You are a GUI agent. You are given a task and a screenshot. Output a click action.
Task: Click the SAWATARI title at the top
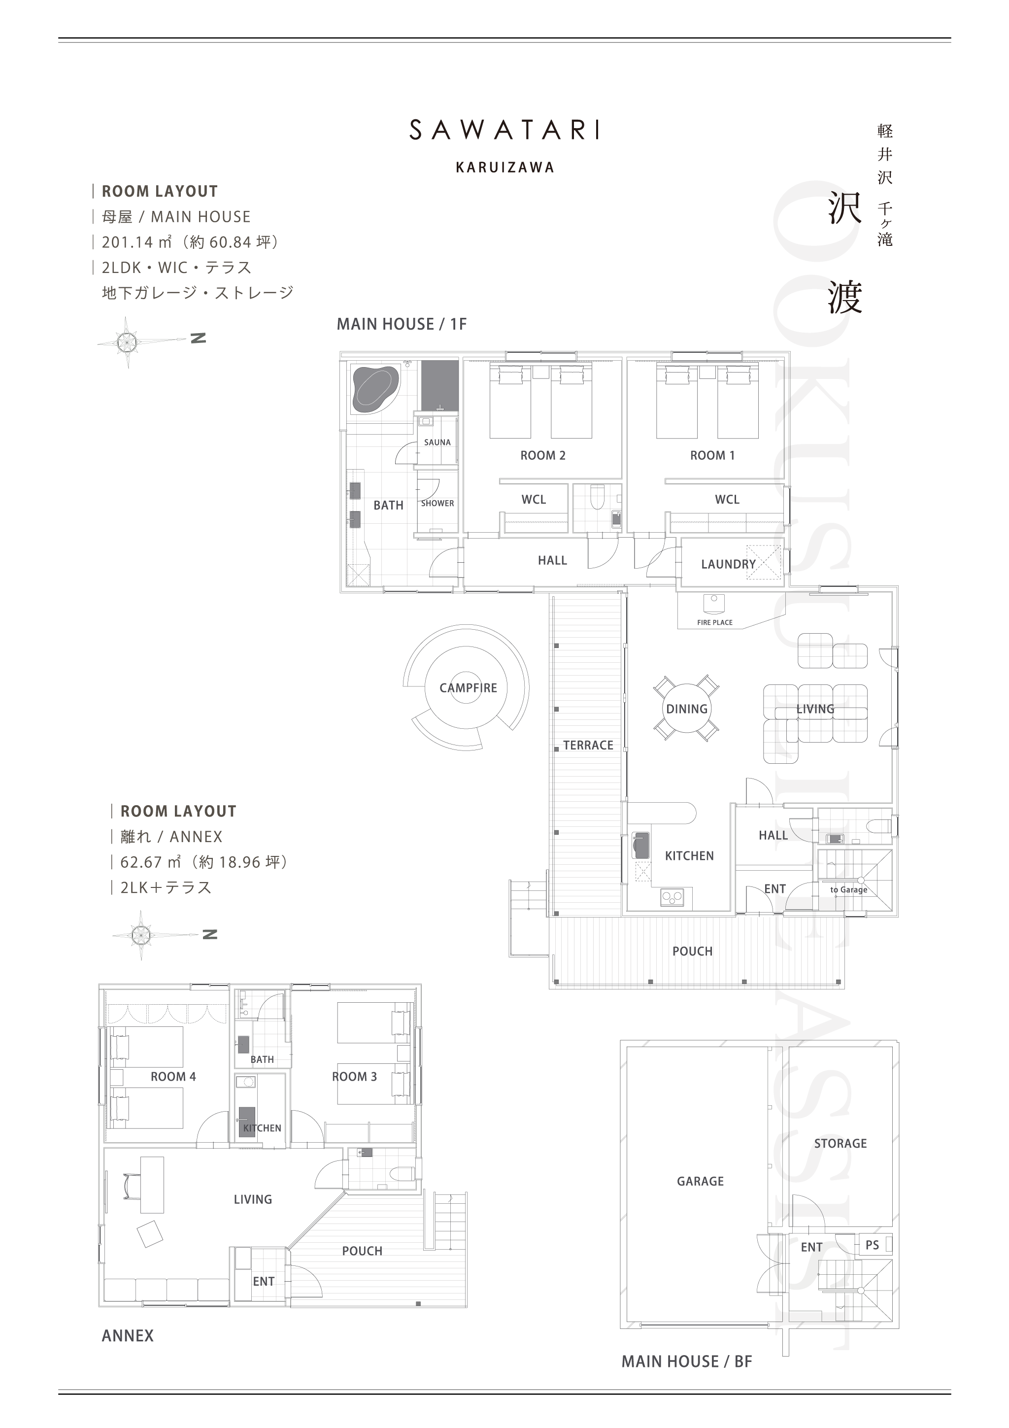click(x=504, y=130)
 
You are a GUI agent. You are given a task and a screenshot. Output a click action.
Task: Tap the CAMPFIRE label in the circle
click(x=468, y=688)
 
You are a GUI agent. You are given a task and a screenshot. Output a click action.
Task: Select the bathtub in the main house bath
click(x=375, y=389)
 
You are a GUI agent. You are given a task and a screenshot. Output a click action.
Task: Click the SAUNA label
click(x=437, y=442)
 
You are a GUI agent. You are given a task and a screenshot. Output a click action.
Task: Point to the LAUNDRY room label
click(x=728, y=564)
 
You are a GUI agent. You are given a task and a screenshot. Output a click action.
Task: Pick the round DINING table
click(x=686, y=709)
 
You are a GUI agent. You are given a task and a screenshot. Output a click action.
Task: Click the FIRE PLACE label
click(x=714, y=622)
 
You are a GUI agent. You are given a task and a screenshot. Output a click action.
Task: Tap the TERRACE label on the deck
click(x=588, y=745)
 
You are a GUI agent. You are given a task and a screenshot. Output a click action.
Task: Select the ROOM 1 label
click(x=712, y=455)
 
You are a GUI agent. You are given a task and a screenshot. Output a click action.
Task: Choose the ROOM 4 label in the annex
click(x=173, y=1077)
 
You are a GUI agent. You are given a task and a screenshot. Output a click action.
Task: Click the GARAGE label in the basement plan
click(x=700, y=1181)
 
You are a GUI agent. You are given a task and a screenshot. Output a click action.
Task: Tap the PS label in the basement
click(x=872, y=1245)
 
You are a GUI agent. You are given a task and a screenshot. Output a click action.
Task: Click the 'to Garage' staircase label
click(x=848, y=889)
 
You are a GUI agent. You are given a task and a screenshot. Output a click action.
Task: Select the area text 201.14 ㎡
click(x=137, y=242)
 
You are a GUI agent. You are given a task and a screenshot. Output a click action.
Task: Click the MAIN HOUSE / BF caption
click(x=686, y=1361)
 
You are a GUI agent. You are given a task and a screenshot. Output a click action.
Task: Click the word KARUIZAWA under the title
click(x=505, y=168)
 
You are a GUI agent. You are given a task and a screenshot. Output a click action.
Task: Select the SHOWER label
click(x=437, y=503)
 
